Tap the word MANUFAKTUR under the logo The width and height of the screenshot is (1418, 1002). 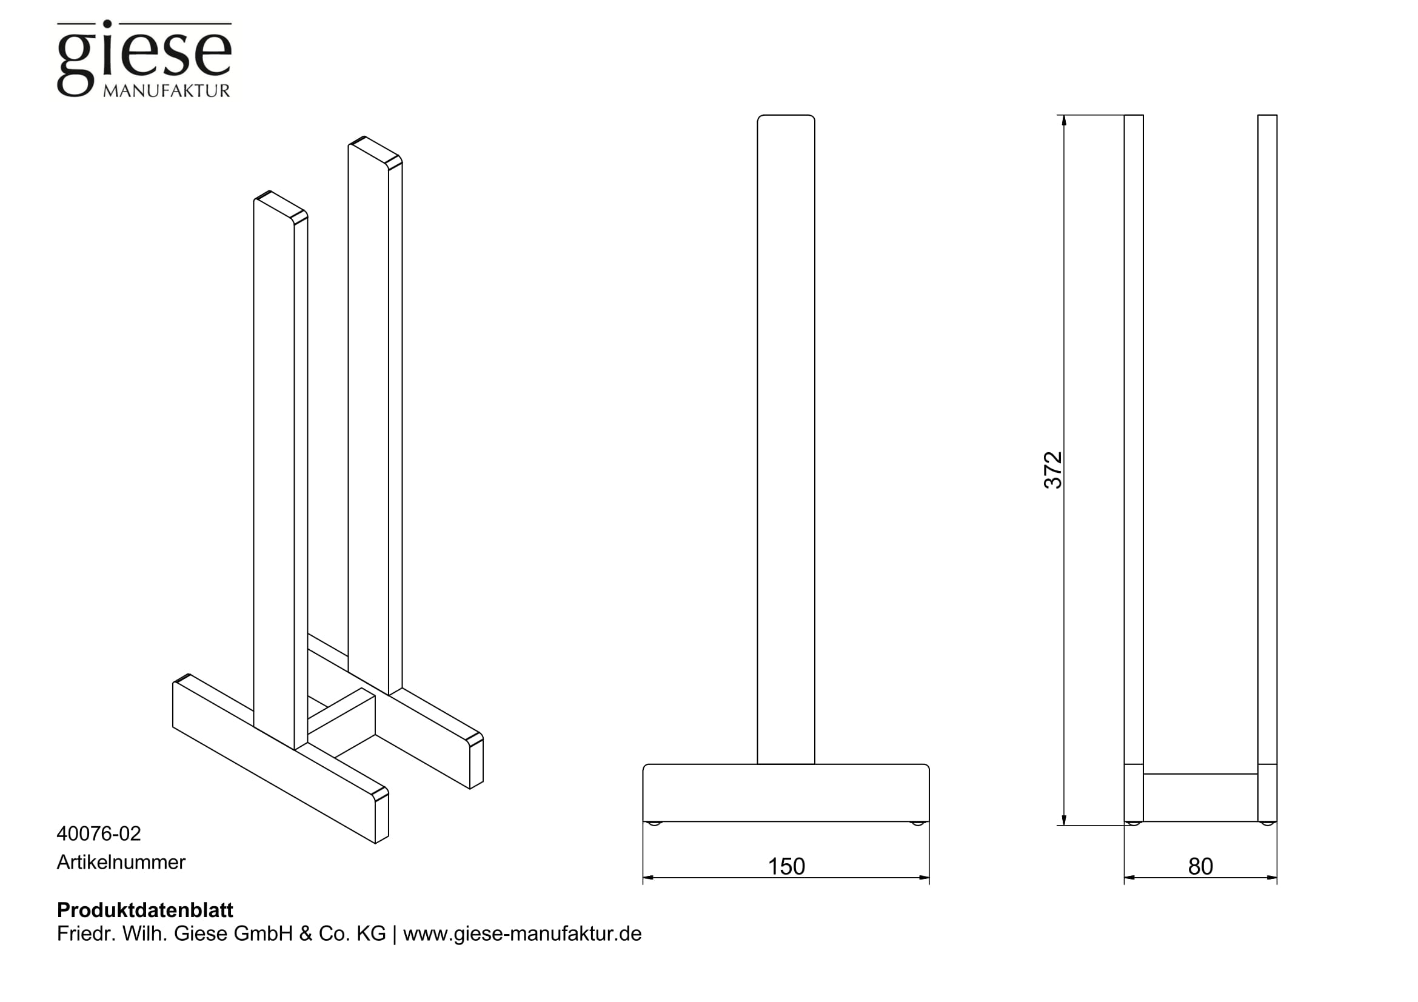click(x=166, y=91)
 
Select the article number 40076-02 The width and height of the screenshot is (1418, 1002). click(x=99, y=833)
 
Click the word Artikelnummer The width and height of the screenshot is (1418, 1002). click(x=121, y=862)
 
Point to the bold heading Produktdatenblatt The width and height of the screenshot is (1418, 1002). click(x=145, y=910)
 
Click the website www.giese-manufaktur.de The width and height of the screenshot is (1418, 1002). click(x=523, y=934)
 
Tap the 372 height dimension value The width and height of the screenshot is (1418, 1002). click(x=1053, y=470)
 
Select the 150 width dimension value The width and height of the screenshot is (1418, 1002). click(x=786, y=866)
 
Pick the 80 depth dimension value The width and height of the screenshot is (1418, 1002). click(x=1200, y=866)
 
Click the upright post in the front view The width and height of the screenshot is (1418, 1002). click(x=786, y=439)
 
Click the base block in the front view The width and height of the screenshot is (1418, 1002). click(x=786, y=793)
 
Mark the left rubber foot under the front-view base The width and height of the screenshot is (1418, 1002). click(x=654, y=824)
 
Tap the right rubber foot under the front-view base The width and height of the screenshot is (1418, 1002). click(x=918, y=824)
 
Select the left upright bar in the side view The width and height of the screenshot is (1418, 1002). click(x=1134, y=468)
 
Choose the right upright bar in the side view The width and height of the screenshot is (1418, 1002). click(x=1267, y=468)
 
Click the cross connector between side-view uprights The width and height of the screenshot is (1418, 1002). click(x=1200, y=798)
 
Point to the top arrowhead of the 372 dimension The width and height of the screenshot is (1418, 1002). click(x=1064, y=121)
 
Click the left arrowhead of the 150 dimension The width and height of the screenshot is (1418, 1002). click(x=649, y=877)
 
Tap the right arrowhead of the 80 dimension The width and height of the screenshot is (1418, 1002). click(x=1272, y=877)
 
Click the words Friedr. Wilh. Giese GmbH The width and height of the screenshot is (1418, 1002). click(x=175, y=934)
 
